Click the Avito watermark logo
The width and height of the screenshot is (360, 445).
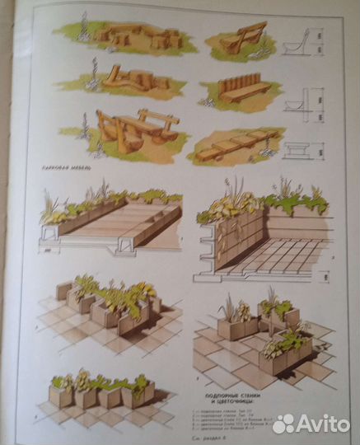311,424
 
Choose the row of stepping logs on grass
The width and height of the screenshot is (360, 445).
239,143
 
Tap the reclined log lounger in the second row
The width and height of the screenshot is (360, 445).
132,80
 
